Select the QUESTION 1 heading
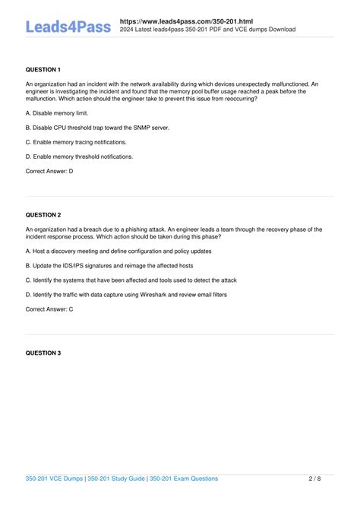point(43,69)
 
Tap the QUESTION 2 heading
point(43,215)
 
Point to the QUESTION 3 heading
point(43,353)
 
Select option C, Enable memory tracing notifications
point(75,141)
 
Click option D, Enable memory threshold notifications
point(79,156)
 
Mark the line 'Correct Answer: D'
point(49,171)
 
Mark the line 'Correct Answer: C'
point(49,309)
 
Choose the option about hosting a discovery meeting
point(123,251)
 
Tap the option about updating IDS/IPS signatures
point(109,265)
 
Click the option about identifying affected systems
point(131,280)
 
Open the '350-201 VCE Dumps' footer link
point(52,479)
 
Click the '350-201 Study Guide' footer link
point(115,479)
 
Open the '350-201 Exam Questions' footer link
point(183,479)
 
